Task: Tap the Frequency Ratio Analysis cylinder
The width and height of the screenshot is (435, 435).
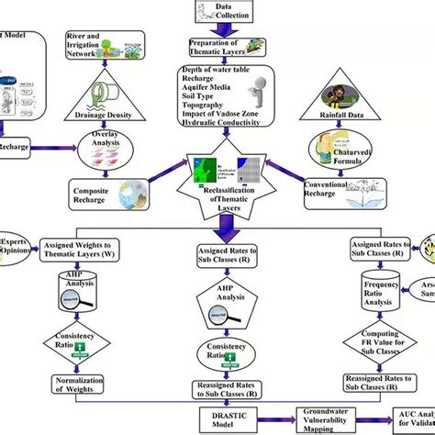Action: [x=364, y=297]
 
